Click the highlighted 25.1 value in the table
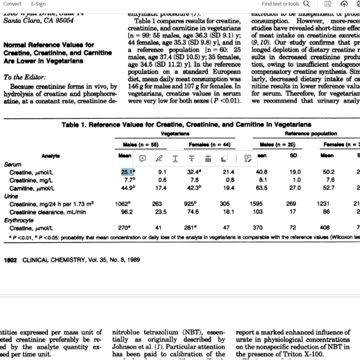point(128,173)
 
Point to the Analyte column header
point(47,156)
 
